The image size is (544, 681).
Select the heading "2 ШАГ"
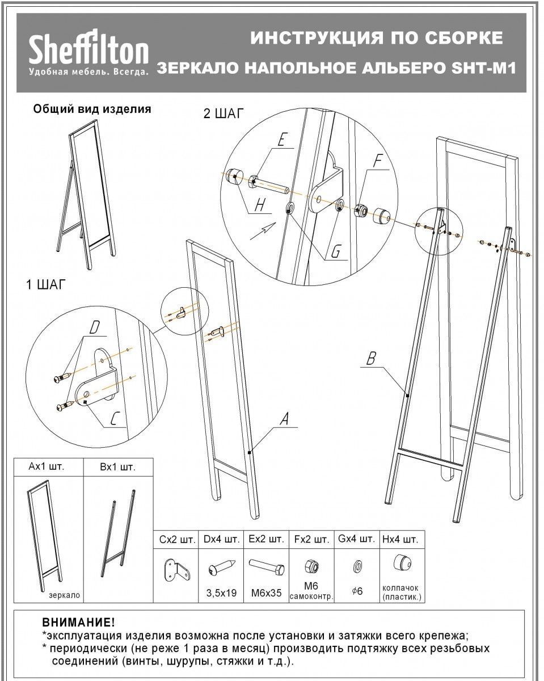224,113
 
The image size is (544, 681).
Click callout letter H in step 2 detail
260,205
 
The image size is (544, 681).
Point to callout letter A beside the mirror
285,419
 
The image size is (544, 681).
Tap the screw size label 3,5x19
220,593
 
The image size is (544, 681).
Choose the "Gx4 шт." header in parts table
356,538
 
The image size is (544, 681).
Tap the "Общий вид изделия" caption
92,109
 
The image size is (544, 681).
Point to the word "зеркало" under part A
64,596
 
